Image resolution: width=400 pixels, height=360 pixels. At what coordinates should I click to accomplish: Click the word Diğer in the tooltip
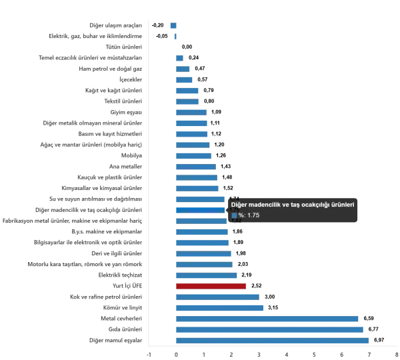coord(237,205)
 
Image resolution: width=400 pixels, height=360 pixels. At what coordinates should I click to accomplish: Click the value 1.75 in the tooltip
coord(253,216)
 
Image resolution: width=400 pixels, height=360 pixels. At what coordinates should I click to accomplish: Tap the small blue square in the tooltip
coord(233,216)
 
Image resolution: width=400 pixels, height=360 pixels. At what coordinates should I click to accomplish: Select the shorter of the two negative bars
coord(175,37)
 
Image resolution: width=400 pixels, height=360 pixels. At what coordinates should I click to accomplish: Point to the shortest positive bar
coord(180,57)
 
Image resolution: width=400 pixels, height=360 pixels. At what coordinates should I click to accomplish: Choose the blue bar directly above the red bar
coord(208,276)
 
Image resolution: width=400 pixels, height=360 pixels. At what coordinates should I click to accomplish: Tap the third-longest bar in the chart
coord(269,320)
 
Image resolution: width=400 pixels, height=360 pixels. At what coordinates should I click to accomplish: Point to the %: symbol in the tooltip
coord(241,216)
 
